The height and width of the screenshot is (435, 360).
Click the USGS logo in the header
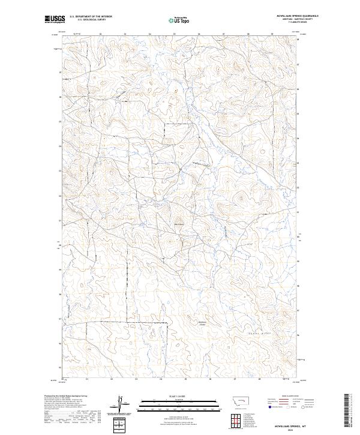tap(55, 19)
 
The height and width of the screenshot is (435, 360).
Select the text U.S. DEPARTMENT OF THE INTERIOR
tap(91, 17)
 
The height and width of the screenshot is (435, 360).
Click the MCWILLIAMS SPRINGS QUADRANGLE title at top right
tap(296, 16)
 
